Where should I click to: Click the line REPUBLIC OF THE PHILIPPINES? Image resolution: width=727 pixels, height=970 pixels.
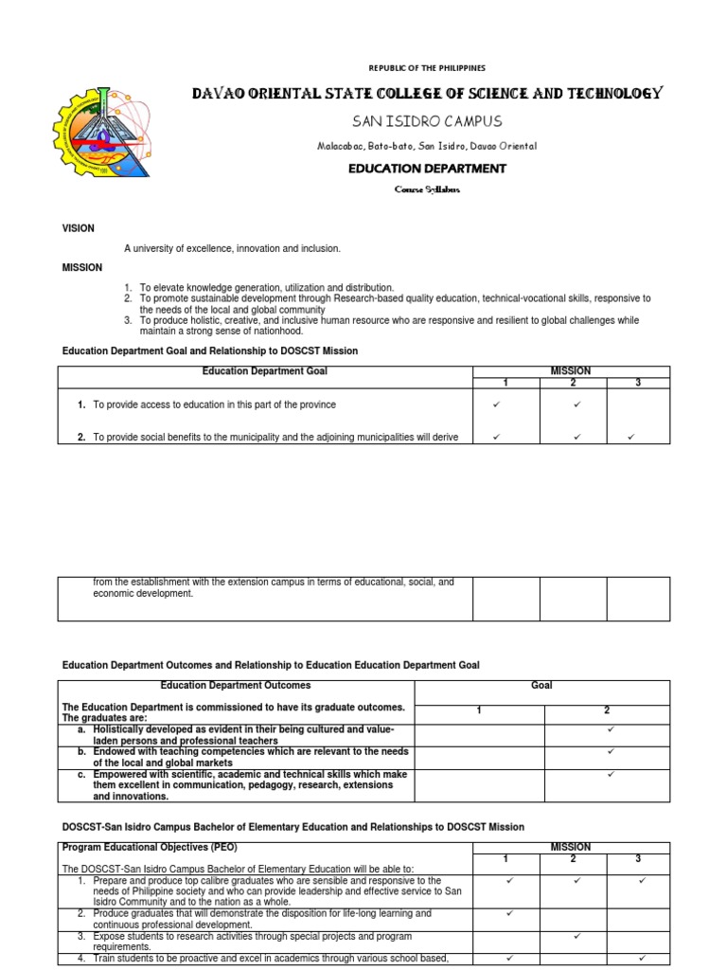[426, 68]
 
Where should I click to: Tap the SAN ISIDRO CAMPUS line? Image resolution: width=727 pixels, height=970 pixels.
[426, 121]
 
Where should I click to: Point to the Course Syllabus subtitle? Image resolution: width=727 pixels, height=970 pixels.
[426, 189]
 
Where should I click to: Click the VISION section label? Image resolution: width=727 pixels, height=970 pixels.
[78, 228]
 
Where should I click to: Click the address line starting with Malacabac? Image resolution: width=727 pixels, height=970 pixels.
[426, 146]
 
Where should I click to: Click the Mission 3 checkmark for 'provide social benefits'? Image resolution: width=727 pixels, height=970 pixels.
[631, 437]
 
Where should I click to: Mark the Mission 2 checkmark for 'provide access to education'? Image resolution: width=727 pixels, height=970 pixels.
[576, 404]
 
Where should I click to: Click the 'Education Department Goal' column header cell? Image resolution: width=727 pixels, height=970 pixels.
[265, 371]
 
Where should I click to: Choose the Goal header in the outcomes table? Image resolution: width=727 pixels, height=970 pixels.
[542, 685]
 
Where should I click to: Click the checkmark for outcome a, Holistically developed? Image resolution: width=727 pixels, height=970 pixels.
[611, 729]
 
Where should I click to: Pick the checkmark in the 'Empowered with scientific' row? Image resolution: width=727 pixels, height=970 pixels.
[611, 774]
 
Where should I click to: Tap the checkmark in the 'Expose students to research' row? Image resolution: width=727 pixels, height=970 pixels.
[576, 936]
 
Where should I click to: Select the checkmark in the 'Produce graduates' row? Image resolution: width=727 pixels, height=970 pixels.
[509, 913]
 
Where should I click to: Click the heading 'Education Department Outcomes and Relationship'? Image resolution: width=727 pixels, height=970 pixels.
[271, 665]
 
